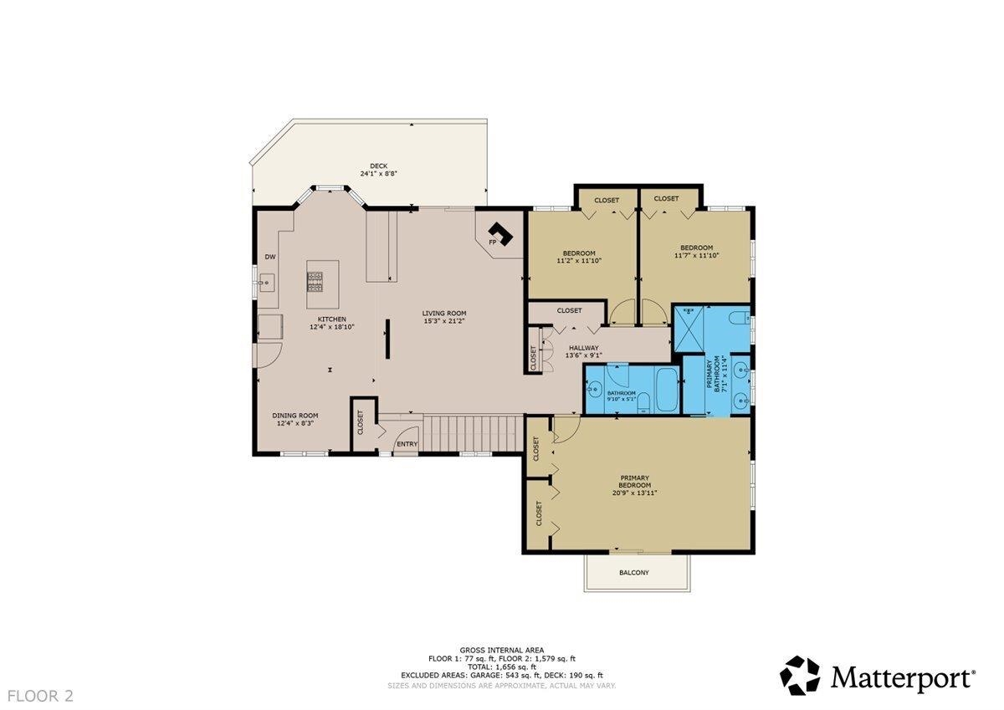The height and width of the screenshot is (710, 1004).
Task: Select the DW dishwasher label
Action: [270, 258]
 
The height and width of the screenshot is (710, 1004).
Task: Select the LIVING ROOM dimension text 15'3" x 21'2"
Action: [443, 322]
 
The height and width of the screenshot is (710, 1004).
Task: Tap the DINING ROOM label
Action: [295, 415]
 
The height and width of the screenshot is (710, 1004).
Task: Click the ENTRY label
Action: [407, 443]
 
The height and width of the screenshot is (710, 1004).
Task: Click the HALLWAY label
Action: [583, 348]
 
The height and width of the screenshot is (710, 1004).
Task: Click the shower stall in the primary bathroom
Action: [689, 329]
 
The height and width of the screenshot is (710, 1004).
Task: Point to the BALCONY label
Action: [633, 573]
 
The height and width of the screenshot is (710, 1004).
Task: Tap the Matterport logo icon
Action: [801, 676]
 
